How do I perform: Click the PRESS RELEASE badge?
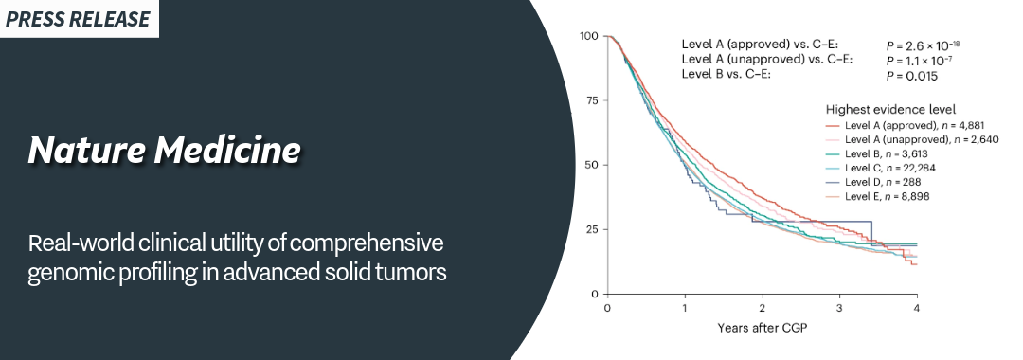tap(79, 19)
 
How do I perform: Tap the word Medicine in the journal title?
tap(227, 150)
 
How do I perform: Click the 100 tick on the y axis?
tap(589, 36)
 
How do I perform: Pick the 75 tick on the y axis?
tap(592, 100)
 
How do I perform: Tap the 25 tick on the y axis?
tap(592, 229)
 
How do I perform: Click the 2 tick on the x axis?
tap(762, 308)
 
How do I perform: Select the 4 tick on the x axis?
tap(917, 308)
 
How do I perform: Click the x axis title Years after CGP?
tap(762, 328)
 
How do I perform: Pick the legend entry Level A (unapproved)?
tap(912, 139)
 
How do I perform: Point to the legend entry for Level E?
tap(877, 196)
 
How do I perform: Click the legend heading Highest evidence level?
tap(891, 110)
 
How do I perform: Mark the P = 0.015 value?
tap(911, 77)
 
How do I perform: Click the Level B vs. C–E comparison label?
tap(727, 74)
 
